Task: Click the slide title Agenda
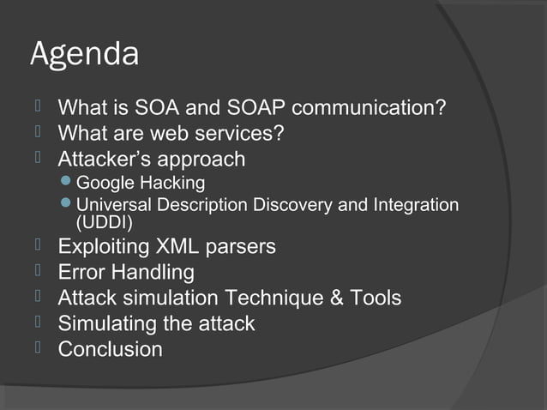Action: click(x=84, y=55)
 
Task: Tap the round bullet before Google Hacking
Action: click(x=69, y=183)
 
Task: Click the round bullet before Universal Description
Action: click(x=69, y=205)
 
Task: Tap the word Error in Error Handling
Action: click(x=80, y=273)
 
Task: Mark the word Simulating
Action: click(x=109, y=324)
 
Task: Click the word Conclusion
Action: click(x=110, y=350)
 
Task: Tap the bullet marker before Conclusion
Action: click(x=39, y=348)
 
